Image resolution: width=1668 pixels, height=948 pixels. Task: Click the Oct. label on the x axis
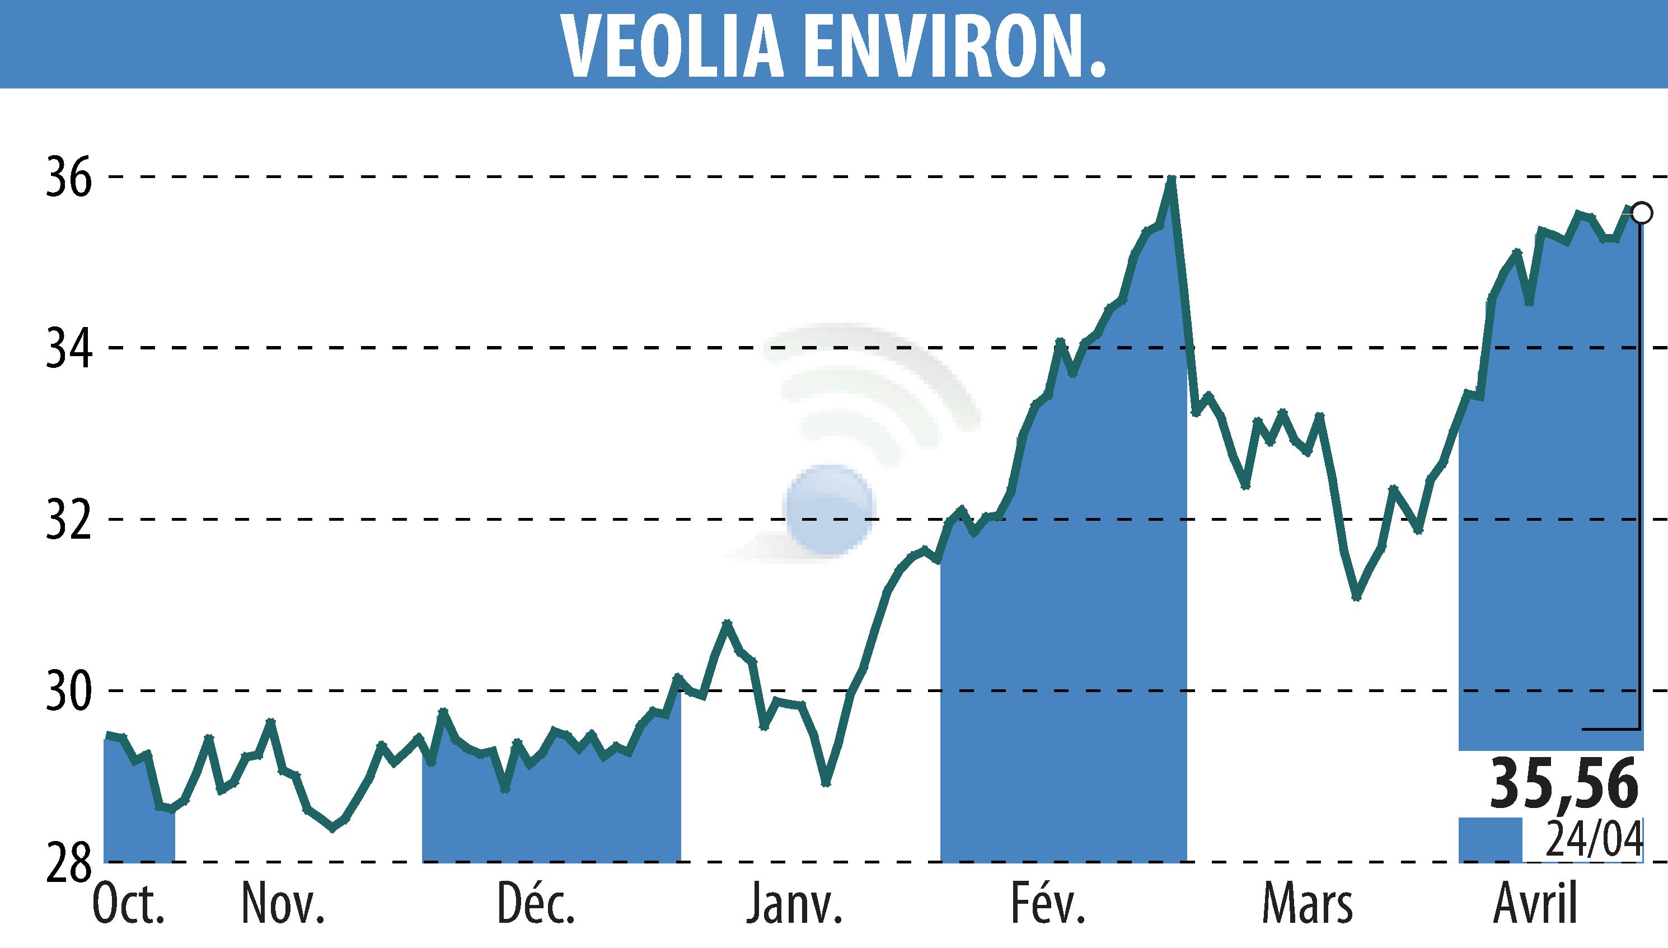(128, 905)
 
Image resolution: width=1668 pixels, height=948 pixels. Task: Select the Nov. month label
(283, 905)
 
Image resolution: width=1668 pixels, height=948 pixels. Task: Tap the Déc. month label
(536, 905)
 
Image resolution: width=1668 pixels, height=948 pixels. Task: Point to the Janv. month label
(794, 905)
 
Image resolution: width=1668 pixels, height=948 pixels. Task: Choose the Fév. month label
(1048, 905)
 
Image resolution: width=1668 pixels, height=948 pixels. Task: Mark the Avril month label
(1536, 905)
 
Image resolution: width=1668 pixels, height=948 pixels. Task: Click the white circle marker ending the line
(1641, 213)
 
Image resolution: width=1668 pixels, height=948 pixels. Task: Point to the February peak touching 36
(1171, 179)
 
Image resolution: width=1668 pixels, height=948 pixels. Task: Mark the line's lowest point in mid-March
(1356, 597)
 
